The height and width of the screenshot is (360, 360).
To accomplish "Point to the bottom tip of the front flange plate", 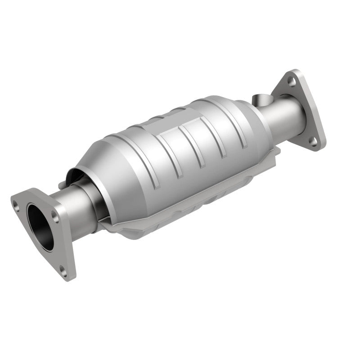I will click(x=70, y=275).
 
